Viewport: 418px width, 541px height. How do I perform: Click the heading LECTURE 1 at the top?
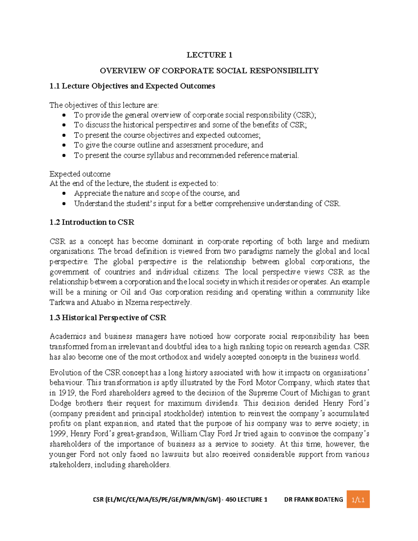[209, 55]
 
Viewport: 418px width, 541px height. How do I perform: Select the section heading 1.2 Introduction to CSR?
[92, 222]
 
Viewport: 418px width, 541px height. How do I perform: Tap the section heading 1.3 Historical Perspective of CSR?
[108, 318]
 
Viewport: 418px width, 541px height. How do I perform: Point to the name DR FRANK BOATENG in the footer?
[313, 500]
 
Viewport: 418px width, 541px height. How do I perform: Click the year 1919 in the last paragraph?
[67, 393]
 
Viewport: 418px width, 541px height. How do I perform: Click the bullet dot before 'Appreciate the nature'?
[64, 193]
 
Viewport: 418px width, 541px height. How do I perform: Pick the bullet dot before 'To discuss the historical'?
[64, 125]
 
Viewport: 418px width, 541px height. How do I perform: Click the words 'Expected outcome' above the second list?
[80, 174]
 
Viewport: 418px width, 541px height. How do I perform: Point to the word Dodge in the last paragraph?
[60, 403]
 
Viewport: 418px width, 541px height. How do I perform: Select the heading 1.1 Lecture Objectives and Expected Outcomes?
[132, 86]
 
